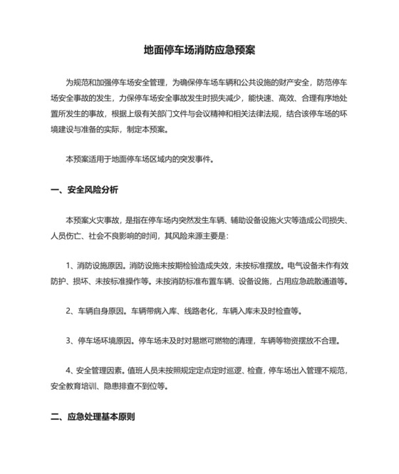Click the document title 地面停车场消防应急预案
point(199,51)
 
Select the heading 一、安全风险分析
point(85,190)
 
